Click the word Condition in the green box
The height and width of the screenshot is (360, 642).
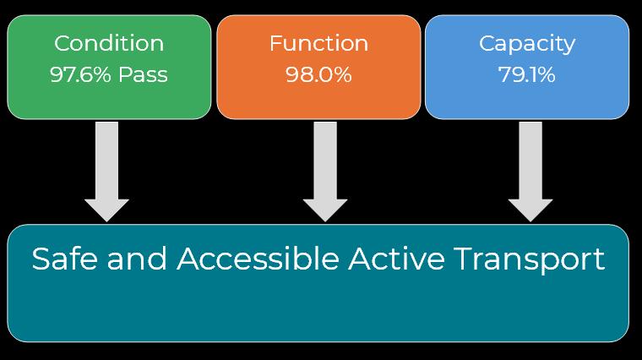point(108,43)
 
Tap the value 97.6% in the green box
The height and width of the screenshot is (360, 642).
point(81,74)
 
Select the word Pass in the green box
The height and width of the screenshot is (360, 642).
point(142,74)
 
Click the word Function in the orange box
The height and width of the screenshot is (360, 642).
point(318,43)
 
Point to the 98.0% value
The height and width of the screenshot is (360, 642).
point(318,74)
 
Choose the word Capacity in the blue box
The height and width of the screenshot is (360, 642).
point(526,43)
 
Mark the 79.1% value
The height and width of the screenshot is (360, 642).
point(526,74)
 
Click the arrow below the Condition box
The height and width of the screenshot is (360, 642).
point(106,169)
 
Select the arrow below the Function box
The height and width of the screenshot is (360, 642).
point(325,169)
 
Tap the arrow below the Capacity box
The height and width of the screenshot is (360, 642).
point(530,169)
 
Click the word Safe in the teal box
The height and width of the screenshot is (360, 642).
point(60,259)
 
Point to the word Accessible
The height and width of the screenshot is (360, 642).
point(258,259)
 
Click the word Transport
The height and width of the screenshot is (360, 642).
point(530,259)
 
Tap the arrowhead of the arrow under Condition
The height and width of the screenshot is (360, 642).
point(106,209)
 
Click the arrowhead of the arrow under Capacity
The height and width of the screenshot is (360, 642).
point(530,209)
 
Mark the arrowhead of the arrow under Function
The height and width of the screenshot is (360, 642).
point(325,209)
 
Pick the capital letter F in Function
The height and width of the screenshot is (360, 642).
point(275,43)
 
